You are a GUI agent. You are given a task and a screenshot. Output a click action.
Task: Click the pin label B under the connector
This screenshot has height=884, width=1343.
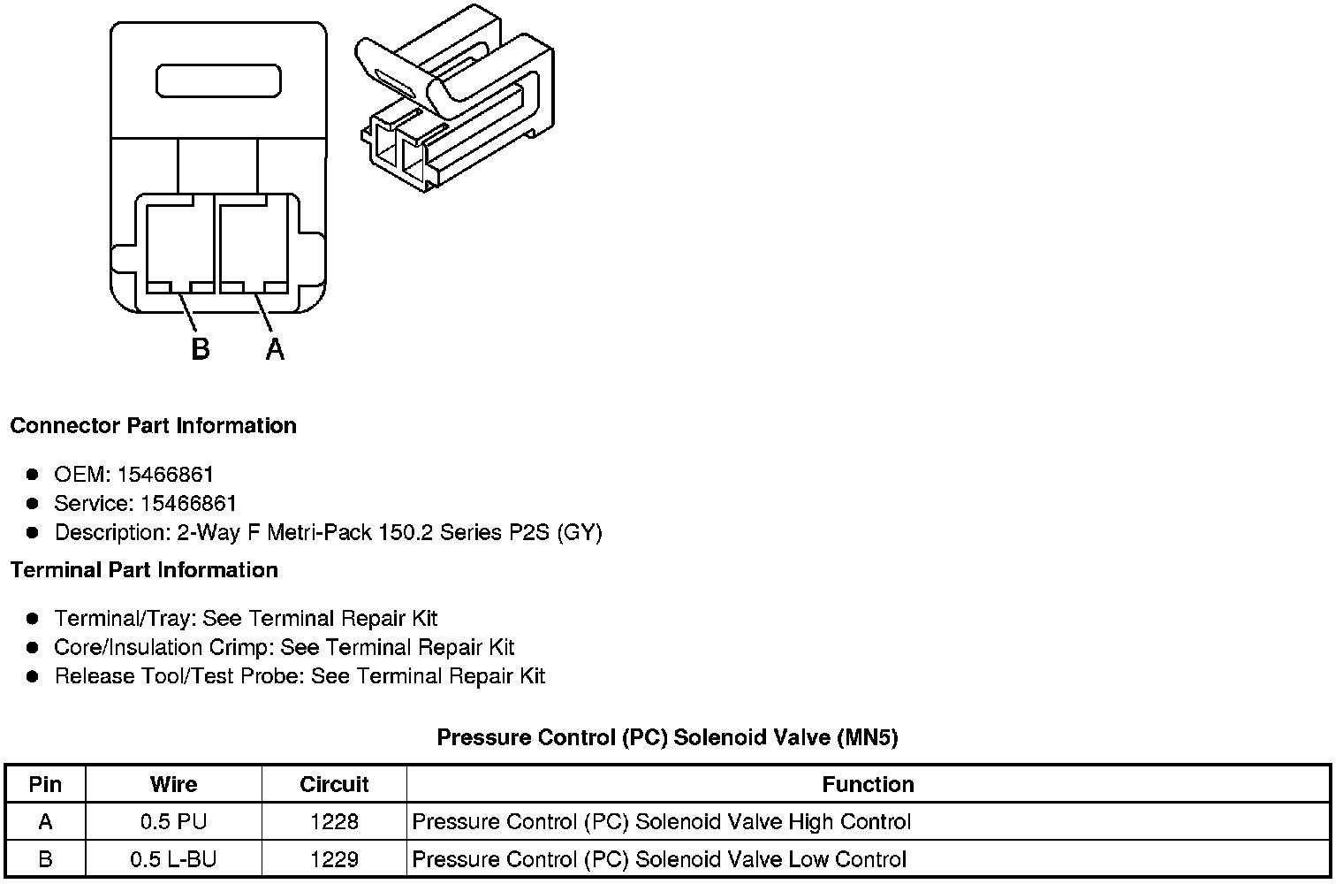click(201, 349)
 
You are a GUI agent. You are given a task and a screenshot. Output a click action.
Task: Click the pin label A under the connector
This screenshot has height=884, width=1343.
click(276, 349)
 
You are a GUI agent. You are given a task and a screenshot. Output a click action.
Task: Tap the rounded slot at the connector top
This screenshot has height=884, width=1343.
click(218, 80)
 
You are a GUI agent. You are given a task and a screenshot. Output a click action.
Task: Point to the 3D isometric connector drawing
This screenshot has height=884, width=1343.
click(458, 110)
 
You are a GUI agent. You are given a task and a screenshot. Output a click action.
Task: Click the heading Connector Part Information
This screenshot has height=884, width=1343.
click(153, 425)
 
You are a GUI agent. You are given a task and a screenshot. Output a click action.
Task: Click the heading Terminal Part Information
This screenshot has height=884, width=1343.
click(144, 570)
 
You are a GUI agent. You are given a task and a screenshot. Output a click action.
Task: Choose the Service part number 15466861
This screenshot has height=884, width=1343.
click(188, 504)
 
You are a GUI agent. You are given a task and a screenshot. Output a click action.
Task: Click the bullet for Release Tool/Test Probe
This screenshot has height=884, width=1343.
click(33, 677)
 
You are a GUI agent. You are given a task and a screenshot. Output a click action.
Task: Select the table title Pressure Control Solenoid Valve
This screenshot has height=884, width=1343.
click(667, 737)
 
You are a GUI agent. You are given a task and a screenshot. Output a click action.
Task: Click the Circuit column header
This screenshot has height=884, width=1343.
click(334, 784)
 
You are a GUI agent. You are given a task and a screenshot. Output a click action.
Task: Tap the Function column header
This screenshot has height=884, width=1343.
click(868, 784)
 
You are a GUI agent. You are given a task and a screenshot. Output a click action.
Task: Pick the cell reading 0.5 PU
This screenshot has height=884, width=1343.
click(173, 822)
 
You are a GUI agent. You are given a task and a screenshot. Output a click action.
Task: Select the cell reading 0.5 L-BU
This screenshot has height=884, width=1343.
click(173, 859)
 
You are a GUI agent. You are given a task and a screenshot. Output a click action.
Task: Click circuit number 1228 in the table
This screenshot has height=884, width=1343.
click(334, 822)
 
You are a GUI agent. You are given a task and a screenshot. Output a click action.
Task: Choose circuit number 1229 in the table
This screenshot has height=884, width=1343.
click(334, 859)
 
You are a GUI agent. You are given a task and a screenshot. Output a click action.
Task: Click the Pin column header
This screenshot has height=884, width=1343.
click(45, 784)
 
